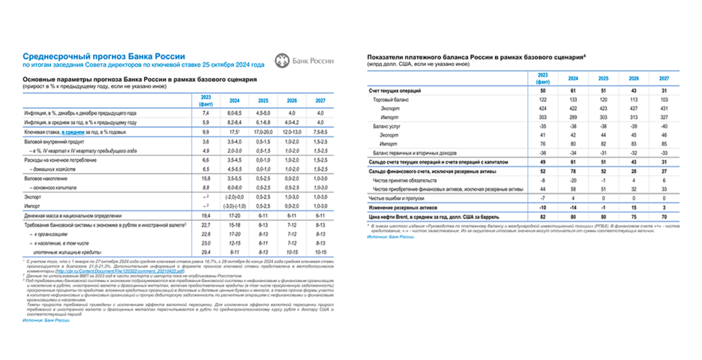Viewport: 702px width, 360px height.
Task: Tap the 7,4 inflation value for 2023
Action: tap(205, 112)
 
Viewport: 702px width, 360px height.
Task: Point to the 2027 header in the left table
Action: tap(319, 100)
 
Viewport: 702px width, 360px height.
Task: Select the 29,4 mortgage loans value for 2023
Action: tap(205, 253)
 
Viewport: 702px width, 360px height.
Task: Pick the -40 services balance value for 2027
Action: tap(663, 127)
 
